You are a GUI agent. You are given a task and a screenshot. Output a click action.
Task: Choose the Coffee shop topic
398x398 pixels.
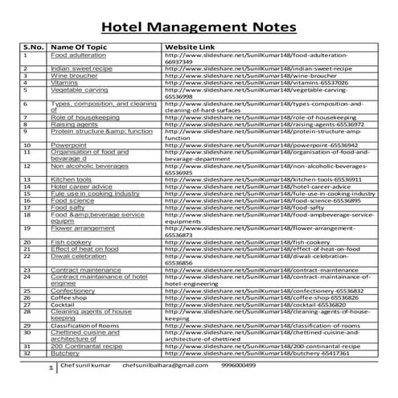click(72, 297)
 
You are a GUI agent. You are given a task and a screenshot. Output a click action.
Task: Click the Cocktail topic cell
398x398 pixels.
click(64, 305)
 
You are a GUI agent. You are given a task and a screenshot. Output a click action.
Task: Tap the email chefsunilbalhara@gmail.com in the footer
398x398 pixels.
click(166, 365)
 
